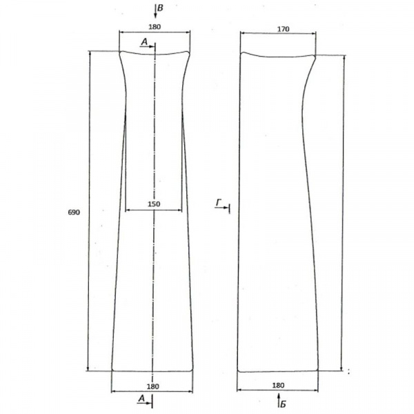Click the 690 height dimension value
(74, 212)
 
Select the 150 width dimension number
(154, 204)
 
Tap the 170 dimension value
(284, 29)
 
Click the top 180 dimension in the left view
(155, 27)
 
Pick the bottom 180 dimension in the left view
(153, 386)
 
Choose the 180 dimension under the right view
(278, 386)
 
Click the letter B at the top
(160, 8)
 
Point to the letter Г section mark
(219, 203)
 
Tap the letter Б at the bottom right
(283, 404)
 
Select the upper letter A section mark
(144, 41)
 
